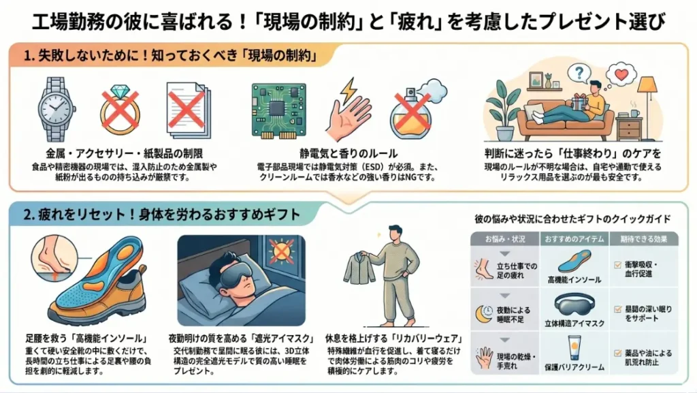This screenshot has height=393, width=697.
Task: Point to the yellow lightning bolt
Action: (348, 91)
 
